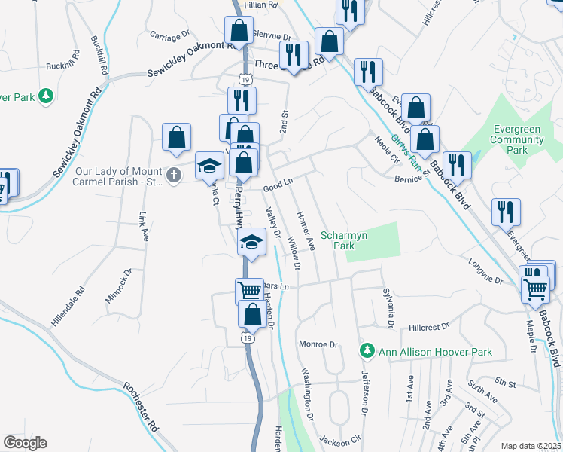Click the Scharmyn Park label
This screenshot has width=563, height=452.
344,240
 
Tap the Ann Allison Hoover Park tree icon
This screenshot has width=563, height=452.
367,350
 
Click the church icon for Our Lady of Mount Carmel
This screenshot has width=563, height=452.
174,176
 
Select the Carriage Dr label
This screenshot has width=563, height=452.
169,36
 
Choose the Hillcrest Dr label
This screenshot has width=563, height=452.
428,327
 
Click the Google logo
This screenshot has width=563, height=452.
25,443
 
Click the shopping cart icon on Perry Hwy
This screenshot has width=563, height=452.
248,291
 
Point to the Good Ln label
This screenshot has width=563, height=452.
277,183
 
